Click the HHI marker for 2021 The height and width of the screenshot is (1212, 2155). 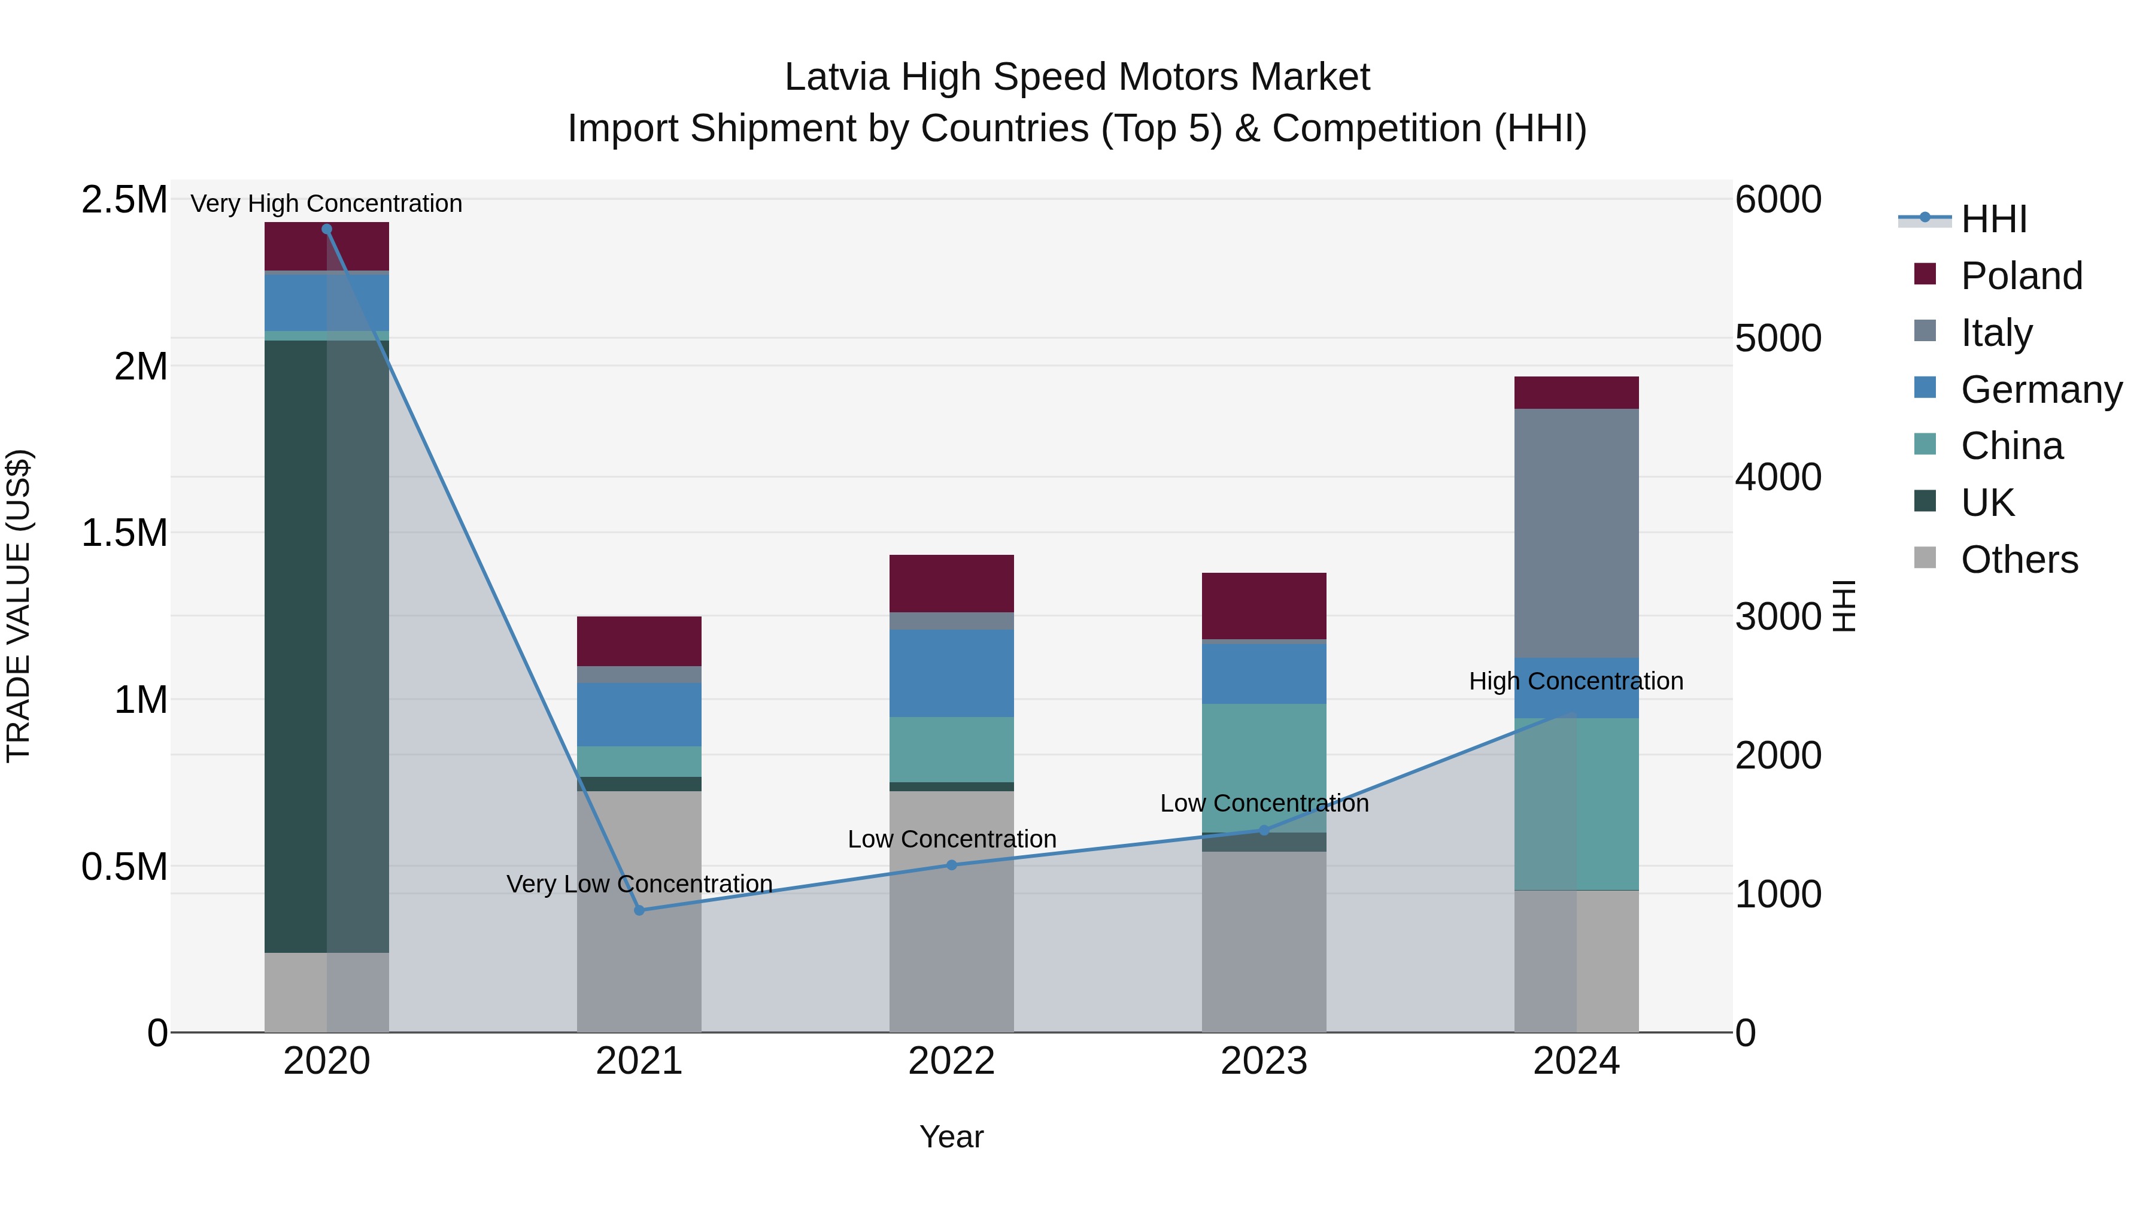[x=639, y=910]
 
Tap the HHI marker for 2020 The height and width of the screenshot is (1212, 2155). [x=327, y=229]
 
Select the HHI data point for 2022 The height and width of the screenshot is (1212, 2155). [x=951, y=865]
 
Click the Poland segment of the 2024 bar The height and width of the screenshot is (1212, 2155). [x=1576, y=392]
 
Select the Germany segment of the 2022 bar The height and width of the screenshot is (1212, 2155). [x=951, y=673]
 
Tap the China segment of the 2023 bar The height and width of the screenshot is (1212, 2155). [x=1264, y=768]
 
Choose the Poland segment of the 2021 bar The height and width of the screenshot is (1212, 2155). [x=639, y=640]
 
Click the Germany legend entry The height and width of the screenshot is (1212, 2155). [x=2041, y=390]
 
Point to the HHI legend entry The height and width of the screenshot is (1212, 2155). [x=1993, y=219]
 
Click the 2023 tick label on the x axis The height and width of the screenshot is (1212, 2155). [x=1264, y=1061]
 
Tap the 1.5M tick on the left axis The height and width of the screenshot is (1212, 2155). [x=124, y=533]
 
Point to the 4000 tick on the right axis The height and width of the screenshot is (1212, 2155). [x=1778, y=478]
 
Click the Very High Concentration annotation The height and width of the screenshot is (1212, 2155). [x=326, y=203]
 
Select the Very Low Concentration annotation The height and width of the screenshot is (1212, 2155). [x=639, y=883]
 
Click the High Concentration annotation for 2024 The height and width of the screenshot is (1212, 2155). [x=1576, y=681]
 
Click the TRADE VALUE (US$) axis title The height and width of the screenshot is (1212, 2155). [x=19, y=606]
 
